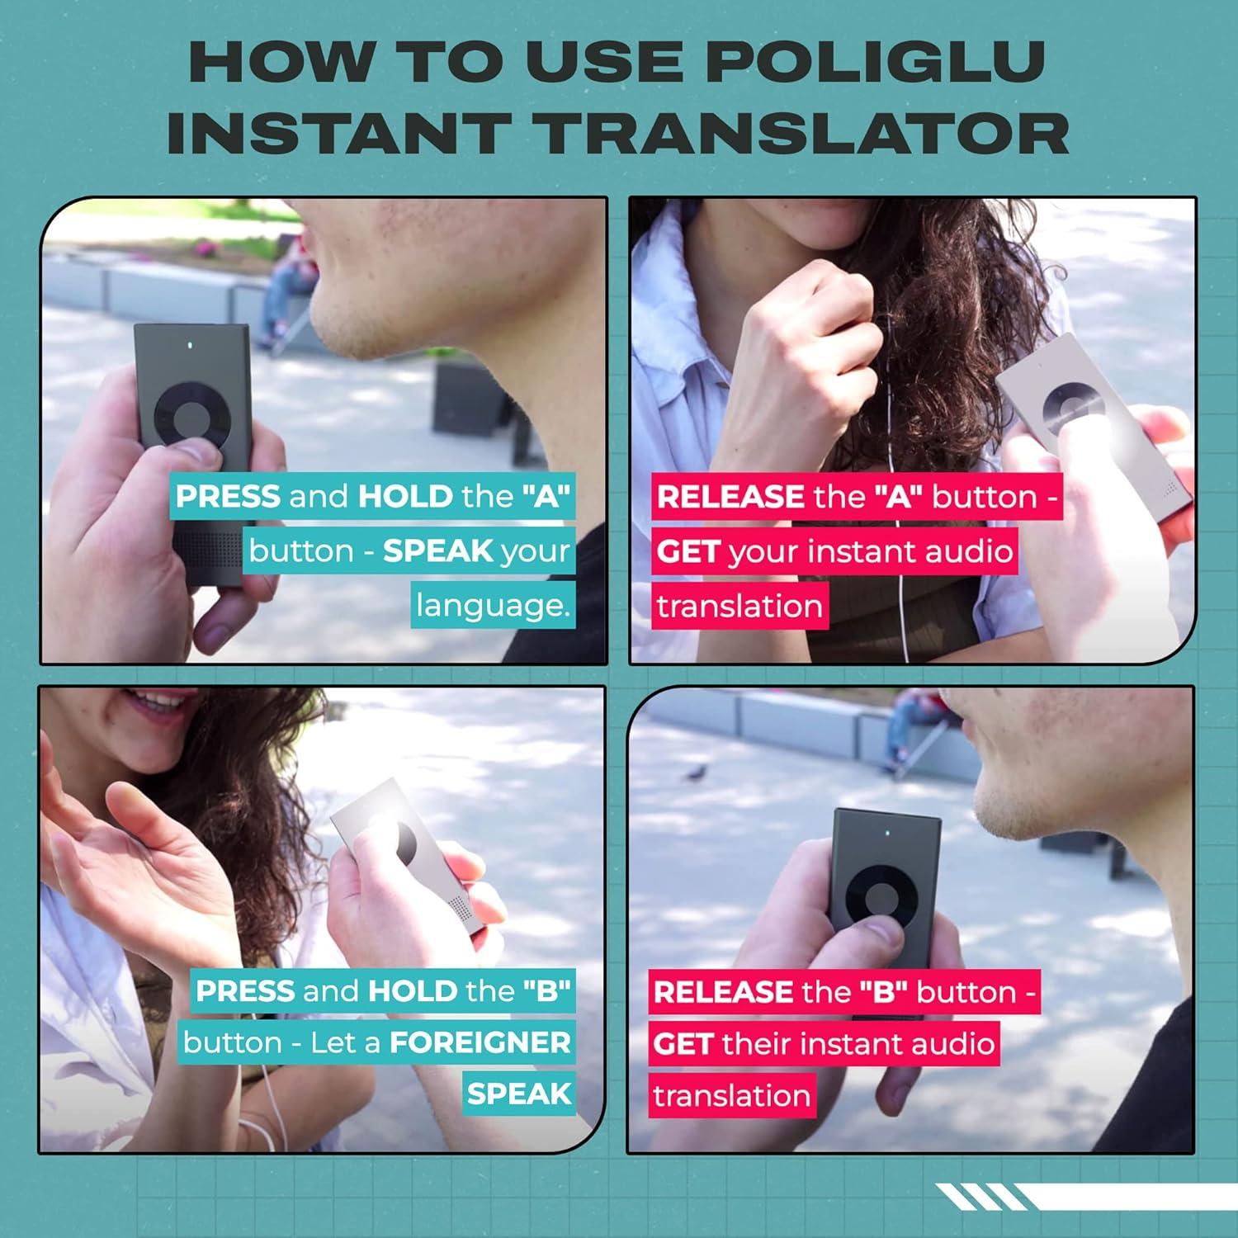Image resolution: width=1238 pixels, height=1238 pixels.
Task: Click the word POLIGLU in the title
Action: click(877, 61)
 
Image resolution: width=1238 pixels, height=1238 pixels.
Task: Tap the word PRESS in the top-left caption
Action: click(228, 497)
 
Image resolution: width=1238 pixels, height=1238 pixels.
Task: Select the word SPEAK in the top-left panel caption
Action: click(437, 551)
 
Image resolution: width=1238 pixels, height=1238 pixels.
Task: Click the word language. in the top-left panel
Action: click(493, 606)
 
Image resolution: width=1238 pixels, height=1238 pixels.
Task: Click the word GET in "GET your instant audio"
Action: click(688, 551)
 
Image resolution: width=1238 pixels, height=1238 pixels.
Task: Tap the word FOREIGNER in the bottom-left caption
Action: click(480, 1042)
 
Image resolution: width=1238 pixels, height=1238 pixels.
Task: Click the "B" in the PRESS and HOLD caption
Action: click(546, 990)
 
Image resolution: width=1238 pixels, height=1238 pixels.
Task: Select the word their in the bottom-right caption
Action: click(756, 1044)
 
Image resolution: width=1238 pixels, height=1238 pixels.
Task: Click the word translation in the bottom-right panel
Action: click(732, 1096)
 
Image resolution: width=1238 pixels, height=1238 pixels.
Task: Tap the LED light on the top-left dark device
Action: click(191, 345)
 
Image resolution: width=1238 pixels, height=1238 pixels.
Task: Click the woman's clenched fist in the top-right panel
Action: click(805, 330)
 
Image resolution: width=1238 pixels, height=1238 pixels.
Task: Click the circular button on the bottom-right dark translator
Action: click(880, 899)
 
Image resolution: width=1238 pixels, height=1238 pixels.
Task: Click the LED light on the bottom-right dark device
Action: click(886, 834)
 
